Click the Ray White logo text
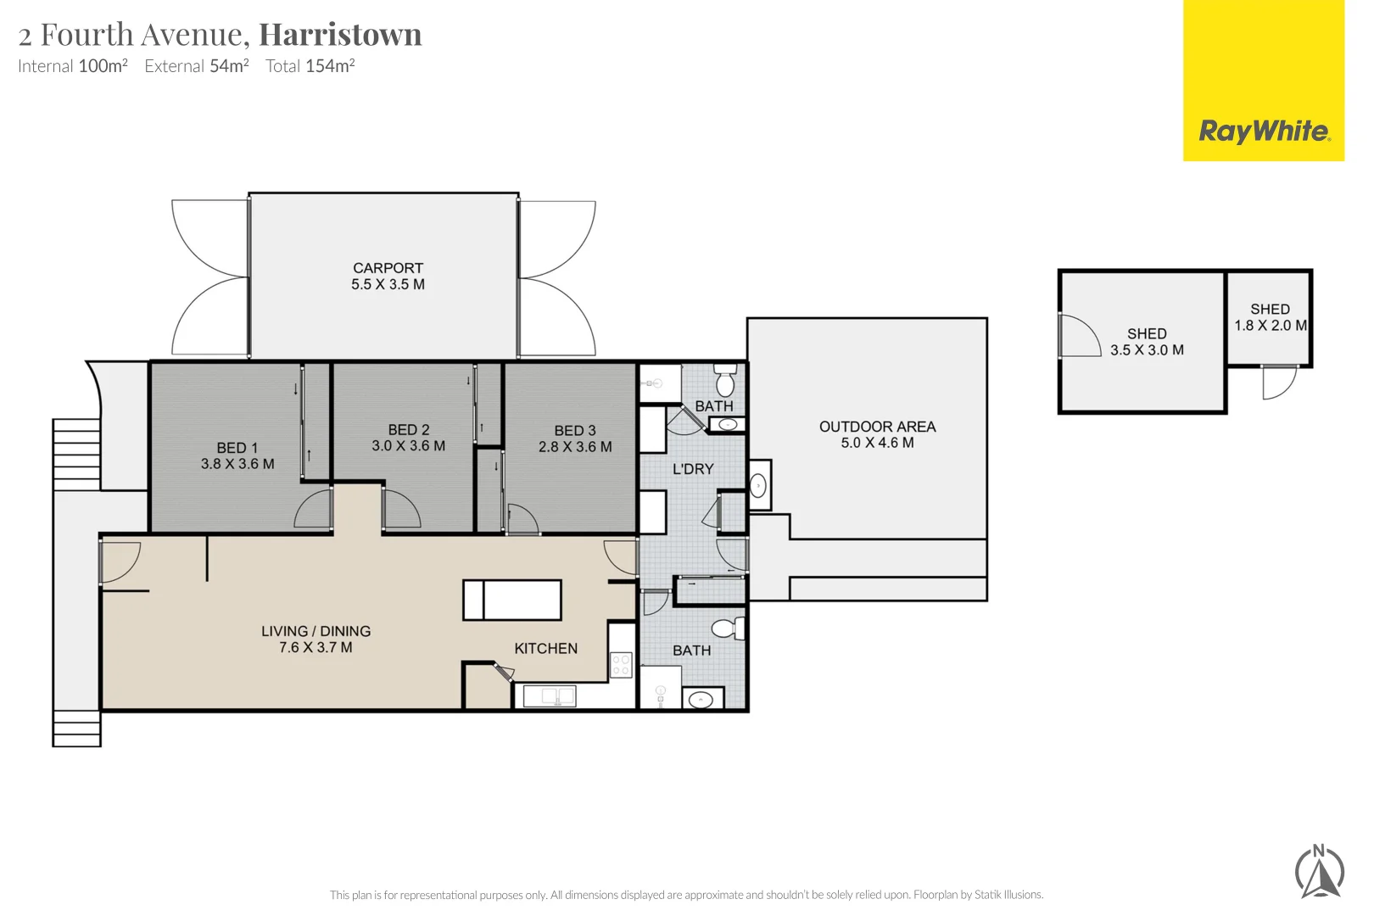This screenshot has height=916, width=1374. (1264, 131)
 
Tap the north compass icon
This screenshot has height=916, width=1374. (1320, 872)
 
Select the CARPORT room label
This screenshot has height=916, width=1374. (388, 268)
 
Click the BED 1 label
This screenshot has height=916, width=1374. (237, 448)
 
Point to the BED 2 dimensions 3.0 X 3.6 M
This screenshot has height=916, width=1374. (408, 446)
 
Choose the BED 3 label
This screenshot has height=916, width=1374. (574, 431)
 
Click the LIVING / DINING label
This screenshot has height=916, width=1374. (316, 631)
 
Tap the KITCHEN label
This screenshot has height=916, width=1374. (545, 649)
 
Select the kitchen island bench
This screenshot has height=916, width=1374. (511, 600)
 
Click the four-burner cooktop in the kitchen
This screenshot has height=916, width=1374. (621, 664)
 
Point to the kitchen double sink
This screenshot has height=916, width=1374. (549, 696)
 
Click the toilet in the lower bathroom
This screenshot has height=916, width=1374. (727, 628)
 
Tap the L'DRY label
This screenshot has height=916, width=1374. (693, 469)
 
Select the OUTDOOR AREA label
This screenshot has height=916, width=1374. (877, 427)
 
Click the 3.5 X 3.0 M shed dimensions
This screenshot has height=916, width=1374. (1147, 350)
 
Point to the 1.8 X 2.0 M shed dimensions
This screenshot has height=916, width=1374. (1270, 326)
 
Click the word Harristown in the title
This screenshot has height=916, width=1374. (340, 35)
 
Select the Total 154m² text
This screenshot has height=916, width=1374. (310, 66)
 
